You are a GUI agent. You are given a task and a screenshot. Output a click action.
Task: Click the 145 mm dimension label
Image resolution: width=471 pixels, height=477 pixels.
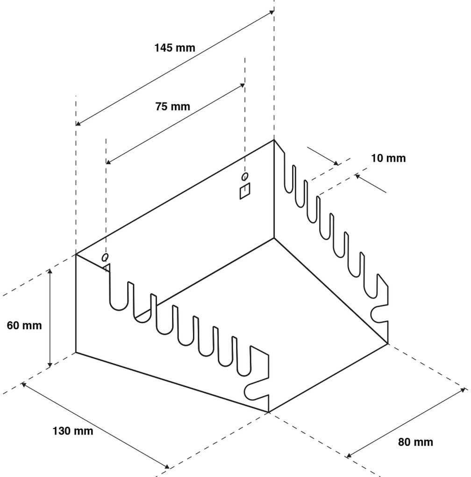[x=175, y=47]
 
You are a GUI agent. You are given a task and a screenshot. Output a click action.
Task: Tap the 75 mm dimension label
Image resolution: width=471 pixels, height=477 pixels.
[x=172, y=106]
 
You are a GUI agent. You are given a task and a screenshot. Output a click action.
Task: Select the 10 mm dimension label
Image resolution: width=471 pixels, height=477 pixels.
[x=388, y=158]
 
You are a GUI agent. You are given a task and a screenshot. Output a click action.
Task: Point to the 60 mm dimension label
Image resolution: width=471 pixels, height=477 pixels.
[x=24, y=325]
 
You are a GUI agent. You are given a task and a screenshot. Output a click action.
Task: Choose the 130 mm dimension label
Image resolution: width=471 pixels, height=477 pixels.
[x=72, y=431]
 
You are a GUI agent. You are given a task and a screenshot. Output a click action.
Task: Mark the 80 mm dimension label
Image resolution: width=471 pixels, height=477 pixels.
[x=415, y=442]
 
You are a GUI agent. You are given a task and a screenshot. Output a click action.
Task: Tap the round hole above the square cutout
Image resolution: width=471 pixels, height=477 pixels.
[x=245, y=176]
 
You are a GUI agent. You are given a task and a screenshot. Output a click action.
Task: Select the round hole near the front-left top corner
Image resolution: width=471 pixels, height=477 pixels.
[x=106, y=257]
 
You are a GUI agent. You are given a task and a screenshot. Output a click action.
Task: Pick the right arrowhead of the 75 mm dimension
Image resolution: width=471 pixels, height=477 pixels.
[x=243, y=85]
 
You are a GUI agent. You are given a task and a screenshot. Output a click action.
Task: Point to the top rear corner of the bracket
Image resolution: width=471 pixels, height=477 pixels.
[x=274, y=140]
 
